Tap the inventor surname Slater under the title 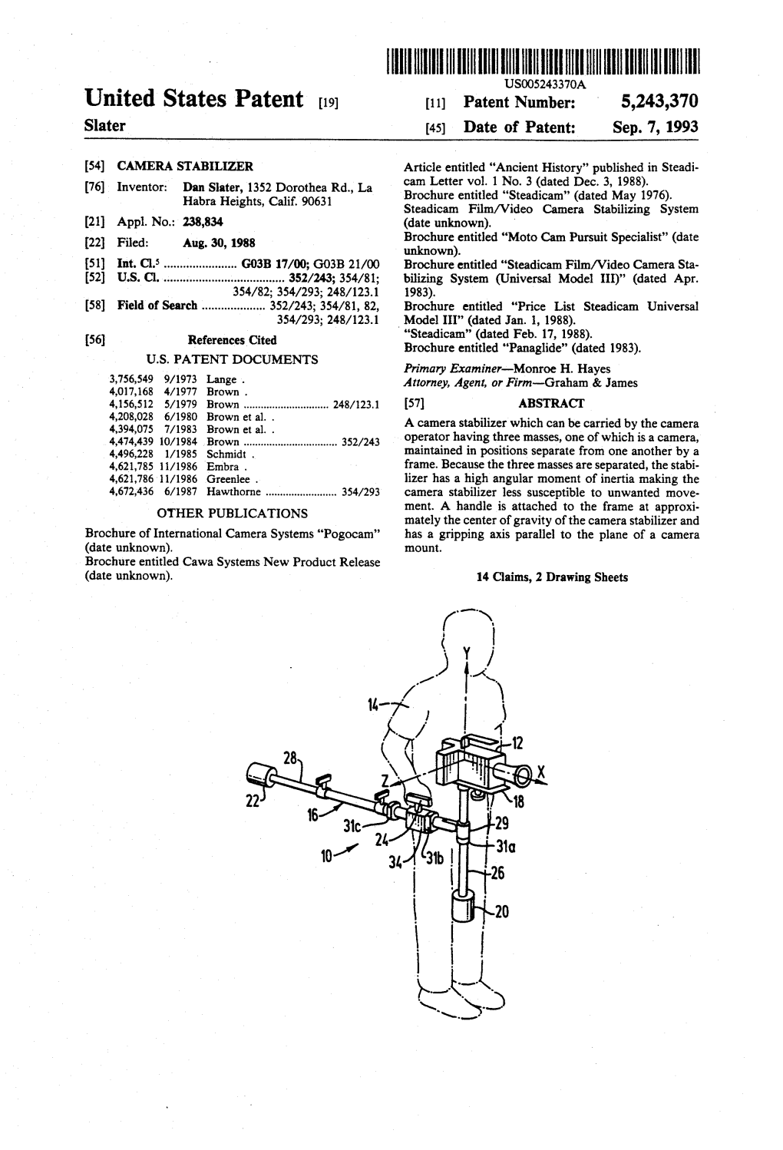pos(105,125)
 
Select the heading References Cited pos(232,340)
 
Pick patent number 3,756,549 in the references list pos(133,379)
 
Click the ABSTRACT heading pos(551,403)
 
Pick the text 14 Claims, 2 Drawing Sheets pos(551,577)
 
